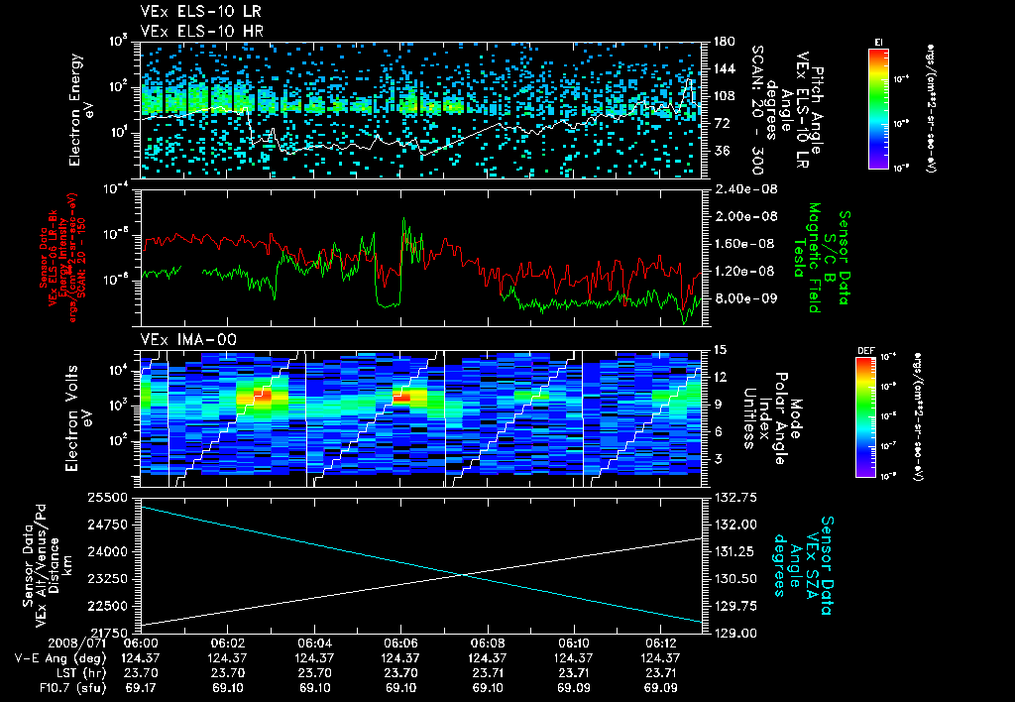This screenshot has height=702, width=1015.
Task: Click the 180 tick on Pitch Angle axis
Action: pyautogui.click(x=721, y=41)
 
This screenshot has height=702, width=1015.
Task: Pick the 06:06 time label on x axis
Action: pyautogui.click(x=400, y=642)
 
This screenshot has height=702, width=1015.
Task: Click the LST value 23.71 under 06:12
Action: pyautogui.click(x=657, y=672)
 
